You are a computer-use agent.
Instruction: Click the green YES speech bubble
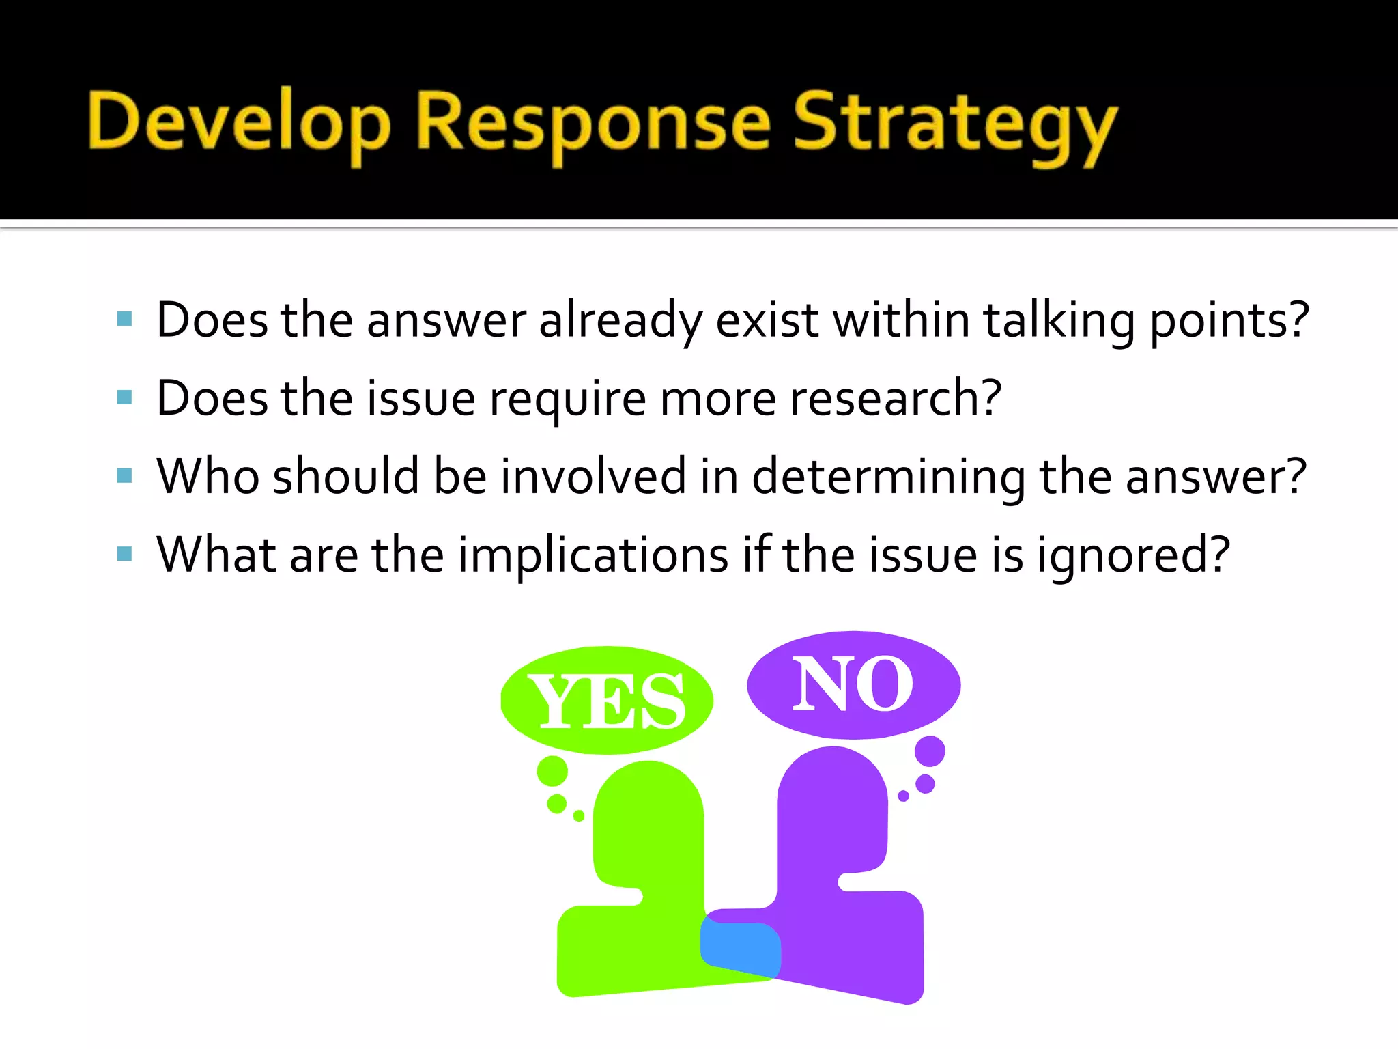tap(606, 701)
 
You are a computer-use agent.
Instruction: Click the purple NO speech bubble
tap(853, 684)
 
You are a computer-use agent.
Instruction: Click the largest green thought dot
tap(552, 771)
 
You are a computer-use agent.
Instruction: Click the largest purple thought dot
tap(930, 751)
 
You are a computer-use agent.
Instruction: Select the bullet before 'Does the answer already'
tap(124, 319)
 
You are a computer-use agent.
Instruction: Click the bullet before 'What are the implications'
tap(124, 553)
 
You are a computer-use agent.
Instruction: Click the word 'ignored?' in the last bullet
tap(1133, 556)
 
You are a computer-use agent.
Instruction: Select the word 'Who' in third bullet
tap(208, 476)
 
